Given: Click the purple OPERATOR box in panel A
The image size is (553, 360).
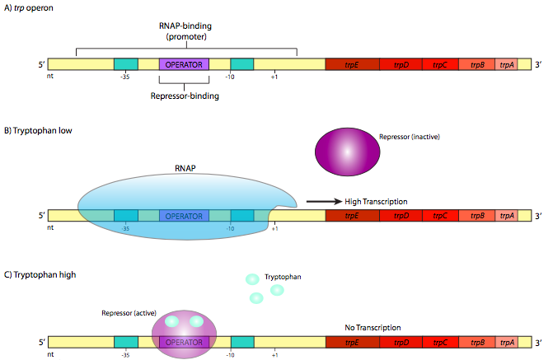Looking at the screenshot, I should [x=184, y=64].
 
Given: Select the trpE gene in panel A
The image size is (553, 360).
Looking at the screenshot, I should [x=352, y=64].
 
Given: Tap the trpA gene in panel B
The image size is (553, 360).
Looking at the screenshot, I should [x=507, y=216].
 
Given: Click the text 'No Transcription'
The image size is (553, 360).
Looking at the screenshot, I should [x=373, y=328].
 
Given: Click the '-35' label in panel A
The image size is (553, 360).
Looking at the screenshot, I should [x=125, y=77].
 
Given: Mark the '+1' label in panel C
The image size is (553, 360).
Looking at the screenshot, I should [x=274, y=354].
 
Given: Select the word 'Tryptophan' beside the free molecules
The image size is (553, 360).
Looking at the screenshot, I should [x=283, y=278].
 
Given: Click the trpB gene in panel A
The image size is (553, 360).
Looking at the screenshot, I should [x=476, y=64].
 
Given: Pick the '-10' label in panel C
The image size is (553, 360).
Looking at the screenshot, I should [x=231, y=354].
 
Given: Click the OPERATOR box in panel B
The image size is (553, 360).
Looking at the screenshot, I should [x=184, y=216].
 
